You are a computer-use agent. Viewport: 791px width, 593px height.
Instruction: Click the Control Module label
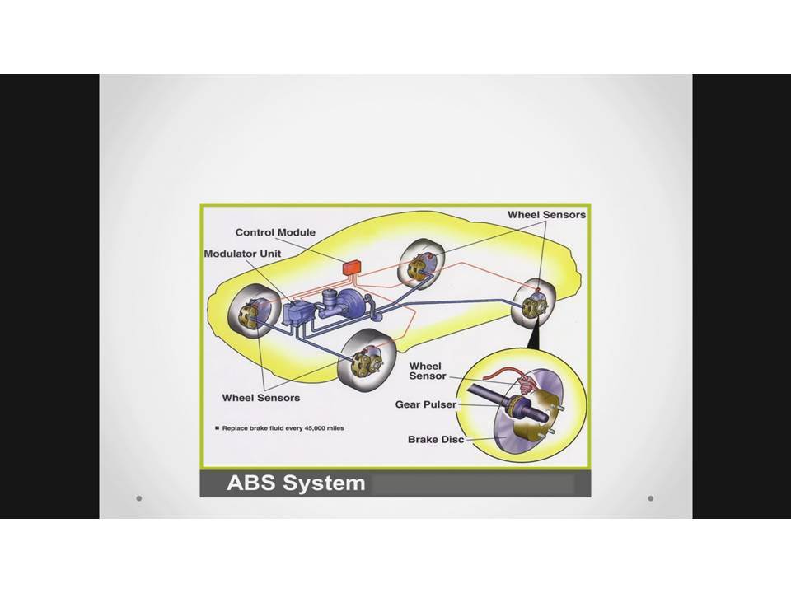[x=275, y=232]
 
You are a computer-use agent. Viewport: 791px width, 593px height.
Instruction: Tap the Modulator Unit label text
[x=242, y=254]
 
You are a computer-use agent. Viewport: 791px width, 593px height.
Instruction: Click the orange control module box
[x=351, y=267]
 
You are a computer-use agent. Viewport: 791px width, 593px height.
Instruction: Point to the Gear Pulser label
[x=426, y=404]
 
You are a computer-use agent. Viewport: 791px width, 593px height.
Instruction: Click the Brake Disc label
[x=436, y=439]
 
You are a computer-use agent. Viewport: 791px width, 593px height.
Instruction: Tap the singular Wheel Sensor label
[x=428, y=371]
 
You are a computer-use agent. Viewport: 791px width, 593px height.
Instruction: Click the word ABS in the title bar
[x=250, y=483]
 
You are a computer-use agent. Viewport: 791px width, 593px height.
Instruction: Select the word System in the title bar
[x=324, y=483]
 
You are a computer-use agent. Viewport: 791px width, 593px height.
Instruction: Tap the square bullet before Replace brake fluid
[x=218, y=428]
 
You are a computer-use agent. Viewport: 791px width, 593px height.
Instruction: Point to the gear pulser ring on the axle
[x=515, y=405]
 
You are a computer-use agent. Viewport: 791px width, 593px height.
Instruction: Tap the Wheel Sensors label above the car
[x=547, y=215]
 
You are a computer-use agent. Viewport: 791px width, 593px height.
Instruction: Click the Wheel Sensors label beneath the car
[x=261, y=398]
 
